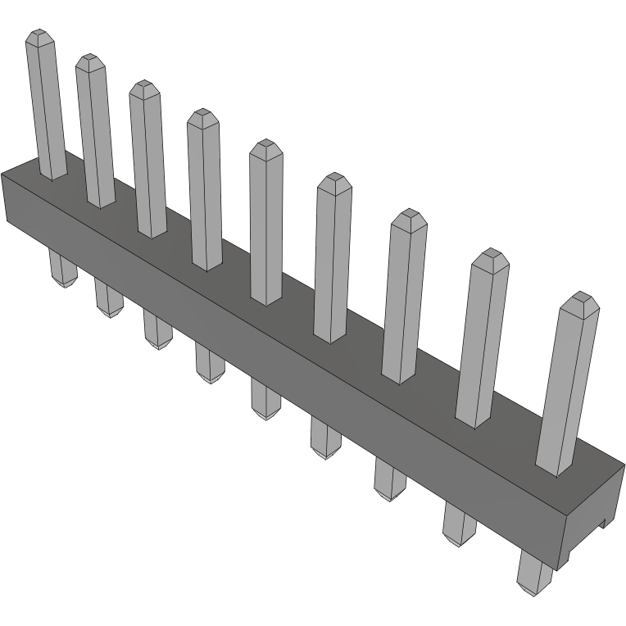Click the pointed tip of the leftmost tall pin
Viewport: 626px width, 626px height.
point(39,36)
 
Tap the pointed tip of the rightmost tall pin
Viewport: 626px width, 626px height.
point(583,301)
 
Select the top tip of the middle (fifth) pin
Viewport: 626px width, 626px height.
point(265,147)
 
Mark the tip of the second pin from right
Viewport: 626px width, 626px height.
point(491,257)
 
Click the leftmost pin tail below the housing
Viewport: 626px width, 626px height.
point(62,270)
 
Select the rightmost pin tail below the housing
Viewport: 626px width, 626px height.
point(535,573)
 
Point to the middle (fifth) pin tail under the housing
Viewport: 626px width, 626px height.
point(265,400)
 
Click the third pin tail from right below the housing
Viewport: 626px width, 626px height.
point(389,479)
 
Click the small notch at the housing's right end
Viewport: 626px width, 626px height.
point(605,520)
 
